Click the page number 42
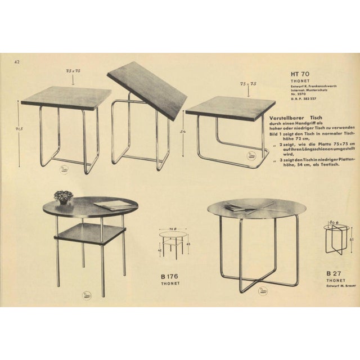click(17, 62)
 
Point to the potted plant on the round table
click(64, 196)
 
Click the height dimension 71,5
click(19, 128)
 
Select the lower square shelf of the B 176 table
click(89, 232)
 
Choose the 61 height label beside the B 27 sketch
click(351, 239)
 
